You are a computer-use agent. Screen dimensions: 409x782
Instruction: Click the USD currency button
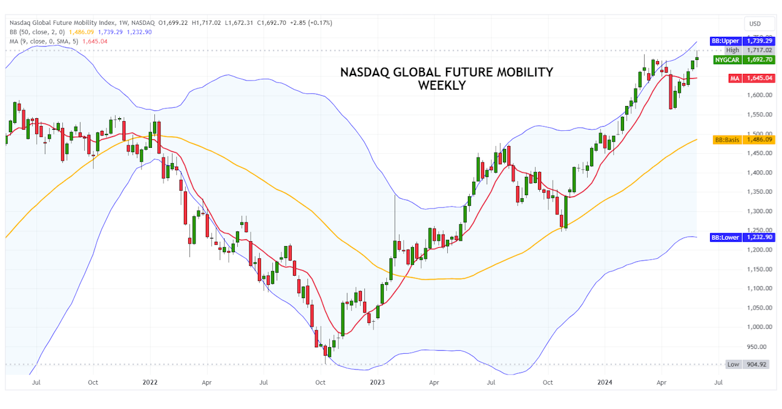[x=755, y=24]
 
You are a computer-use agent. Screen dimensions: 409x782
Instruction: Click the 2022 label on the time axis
[x=149, y=382]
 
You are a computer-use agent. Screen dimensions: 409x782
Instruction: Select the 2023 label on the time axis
[x=377, y=382]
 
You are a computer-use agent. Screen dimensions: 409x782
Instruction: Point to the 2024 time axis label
[x=605, y=382]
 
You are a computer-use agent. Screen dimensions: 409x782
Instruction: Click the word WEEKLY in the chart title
[x=442, y=85]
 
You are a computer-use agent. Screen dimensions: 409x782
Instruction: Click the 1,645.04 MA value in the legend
[x=95, y=41]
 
